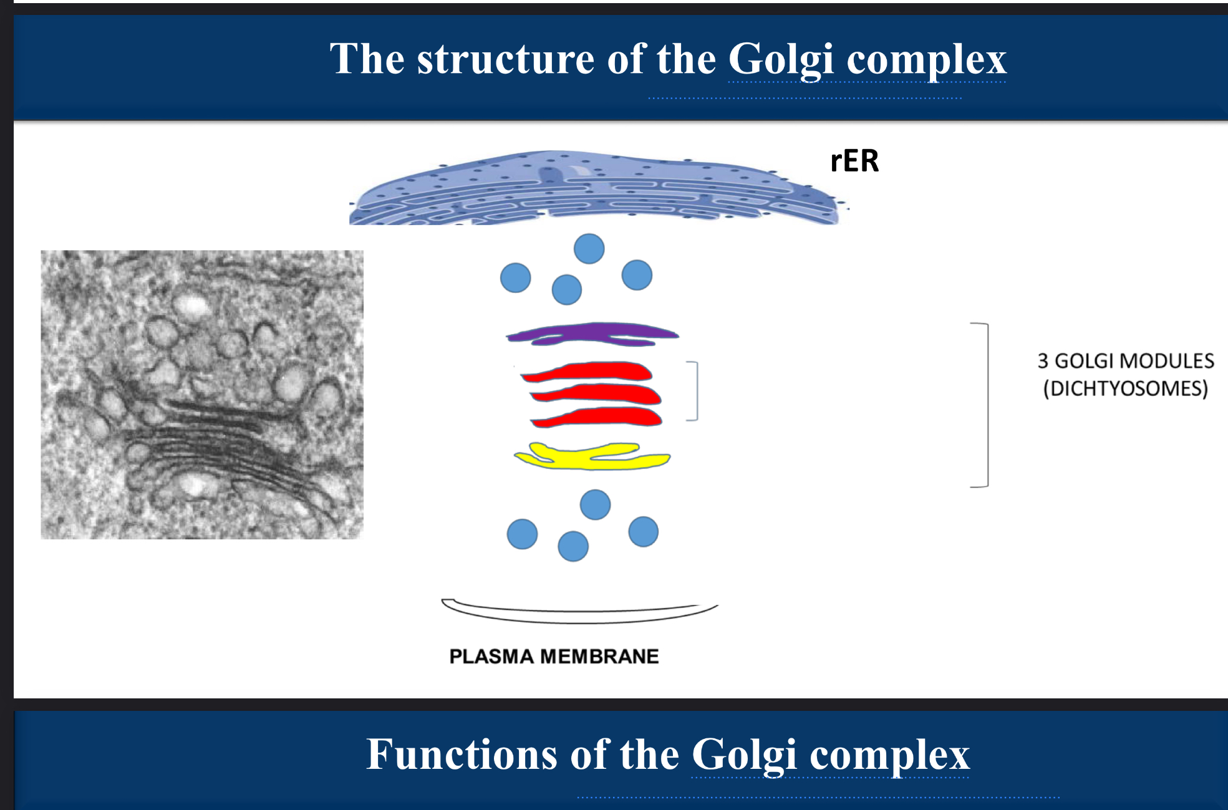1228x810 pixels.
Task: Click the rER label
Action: coord(854,161)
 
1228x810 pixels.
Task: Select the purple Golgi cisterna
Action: coord(592,333)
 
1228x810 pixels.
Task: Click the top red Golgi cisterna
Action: coord(589,372)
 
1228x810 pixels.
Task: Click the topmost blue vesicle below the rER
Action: coord(589,249)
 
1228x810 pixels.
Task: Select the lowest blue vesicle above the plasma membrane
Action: coord(573,546)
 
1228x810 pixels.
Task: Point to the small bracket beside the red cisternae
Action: coord(694,391)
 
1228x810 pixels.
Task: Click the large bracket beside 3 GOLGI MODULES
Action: coord(985,405)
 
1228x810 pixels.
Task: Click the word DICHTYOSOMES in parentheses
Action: coord(1125,388)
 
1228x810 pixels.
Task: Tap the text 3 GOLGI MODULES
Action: coord(1125,360)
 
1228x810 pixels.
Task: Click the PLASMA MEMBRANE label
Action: coord(554,657)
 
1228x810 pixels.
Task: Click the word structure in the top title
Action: coord(505,59)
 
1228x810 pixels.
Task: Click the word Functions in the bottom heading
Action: coord(461,755)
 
